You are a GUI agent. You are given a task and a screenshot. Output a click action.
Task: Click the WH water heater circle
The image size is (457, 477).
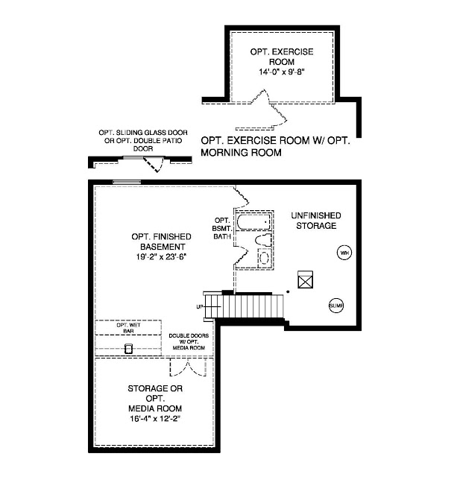click(344, 253)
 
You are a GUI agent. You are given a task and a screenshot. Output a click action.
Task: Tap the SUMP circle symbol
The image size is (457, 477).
click(336, 305)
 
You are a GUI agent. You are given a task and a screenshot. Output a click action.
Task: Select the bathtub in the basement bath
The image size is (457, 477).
click(254, 221)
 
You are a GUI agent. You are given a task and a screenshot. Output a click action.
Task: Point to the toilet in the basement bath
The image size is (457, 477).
click(260, 241)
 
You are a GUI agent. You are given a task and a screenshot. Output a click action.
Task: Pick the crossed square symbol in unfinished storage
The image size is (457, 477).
click(304, 279)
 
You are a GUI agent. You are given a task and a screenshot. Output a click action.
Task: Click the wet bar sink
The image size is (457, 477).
click(128, 348)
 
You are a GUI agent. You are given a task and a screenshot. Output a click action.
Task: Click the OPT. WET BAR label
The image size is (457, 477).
click(128, 326)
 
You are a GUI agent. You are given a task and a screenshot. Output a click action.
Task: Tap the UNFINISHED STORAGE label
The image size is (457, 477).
click(315, 220)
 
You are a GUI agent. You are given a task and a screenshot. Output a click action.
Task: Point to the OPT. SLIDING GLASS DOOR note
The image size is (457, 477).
click(133, 141)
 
